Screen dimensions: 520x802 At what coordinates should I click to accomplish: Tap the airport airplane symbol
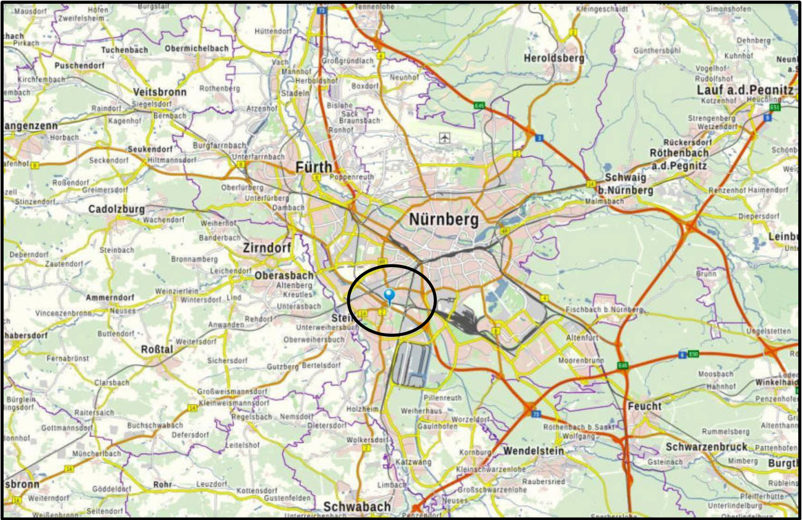click(x=445, y=138)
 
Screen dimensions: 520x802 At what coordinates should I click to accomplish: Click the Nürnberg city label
click(x=443, y=219)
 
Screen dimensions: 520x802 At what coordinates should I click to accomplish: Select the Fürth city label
click(x=314, y=167)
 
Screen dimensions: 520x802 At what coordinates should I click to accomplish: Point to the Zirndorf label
click(x=267, y=248)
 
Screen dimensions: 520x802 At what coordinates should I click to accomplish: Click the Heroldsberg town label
click(x=554, y=58)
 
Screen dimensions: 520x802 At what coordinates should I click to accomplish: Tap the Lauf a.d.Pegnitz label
click(x=745, y=90)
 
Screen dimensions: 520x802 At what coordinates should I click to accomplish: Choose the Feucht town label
click(x=644, y=406)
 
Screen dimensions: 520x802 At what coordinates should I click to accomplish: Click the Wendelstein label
click(x=533, y=450)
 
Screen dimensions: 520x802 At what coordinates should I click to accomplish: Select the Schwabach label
click(x=357, y=506)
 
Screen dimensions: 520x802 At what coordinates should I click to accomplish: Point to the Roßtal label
click(x=157, y=349)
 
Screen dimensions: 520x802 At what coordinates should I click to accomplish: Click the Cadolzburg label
click(x=116, y=209)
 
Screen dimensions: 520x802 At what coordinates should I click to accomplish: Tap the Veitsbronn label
click(x=160, y=92)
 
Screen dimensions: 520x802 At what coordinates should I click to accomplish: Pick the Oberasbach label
click(x=284, y=276)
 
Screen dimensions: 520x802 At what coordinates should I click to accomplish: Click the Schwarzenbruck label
click(x=706, y=447)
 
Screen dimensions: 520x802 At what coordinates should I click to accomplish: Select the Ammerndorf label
click(x=110, y=297)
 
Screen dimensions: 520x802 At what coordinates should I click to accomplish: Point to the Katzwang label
click(x=413, y=462)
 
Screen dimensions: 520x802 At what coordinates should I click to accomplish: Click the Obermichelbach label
click(x=197, y=48)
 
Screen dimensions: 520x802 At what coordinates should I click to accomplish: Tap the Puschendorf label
click(x=80, y=65)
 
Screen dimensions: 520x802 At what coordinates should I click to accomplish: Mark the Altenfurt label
click(x=582, y=338)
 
